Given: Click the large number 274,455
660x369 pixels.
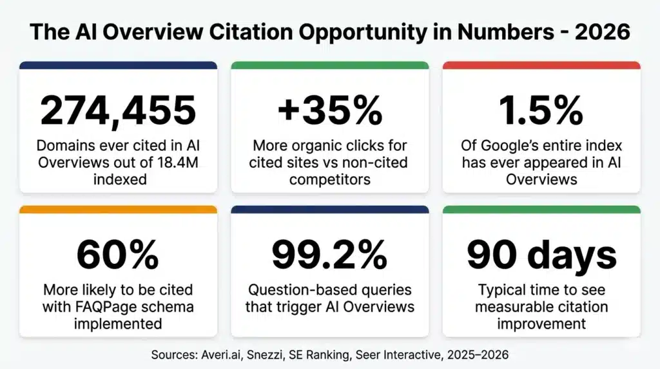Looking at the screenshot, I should pos(118,110).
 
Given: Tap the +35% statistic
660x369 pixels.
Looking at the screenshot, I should pos(329,110).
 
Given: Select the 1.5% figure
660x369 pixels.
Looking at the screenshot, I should pos(541,110).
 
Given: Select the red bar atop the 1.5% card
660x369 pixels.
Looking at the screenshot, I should pos(541,65).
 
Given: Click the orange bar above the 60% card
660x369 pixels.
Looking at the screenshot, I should pos(118,210).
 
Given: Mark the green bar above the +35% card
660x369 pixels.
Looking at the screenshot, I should pos(329,65).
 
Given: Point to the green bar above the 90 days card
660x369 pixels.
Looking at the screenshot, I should pos(541,210).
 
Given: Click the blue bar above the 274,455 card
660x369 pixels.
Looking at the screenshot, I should pos(118,65).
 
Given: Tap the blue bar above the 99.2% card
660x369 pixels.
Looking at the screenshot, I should pos(329,210).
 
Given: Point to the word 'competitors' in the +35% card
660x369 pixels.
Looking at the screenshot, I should pos(329,179).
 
